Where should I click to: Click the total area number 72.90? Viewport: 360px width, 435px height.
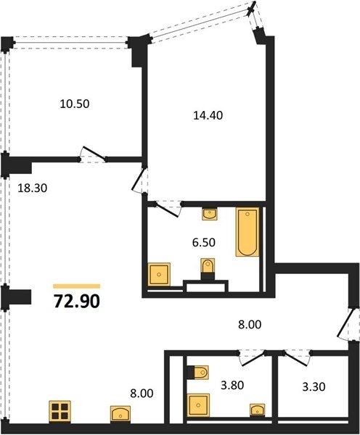77,302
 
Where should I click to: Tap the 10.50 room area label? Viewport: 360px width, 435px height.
75,104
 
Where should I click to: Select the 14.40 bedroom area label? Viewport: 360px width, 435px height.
208,115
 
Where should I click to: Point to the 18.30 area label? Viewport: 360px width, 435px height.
33,188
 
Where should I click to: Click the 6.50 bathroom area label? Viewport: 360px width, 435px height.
204,242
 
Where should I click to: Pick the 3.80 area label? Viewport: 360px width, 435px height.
232,385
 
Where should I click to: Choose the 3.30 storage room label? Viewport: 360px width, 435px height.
314,386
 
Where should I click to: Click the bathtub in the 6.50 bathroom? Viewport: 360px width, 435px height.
247,232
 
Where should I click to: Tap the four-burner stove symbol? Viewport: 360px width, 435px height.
60,412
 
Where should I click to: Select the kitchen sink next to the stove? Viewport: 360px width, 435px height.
120,414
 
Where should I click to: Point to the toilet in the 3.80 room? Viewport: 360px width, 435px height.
198,373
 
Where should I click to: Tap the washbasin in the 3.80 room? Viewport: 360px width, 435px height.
258,410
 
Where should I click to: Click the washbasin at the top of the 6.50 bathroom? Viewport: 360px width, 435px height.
210,214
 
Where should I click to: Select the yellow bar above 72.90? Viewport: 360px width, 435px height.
77,286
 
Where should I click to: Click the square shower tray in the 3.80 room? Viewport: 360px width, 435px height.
199,405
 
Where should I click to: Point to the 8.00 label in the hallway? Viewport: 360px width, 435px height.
250,324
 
